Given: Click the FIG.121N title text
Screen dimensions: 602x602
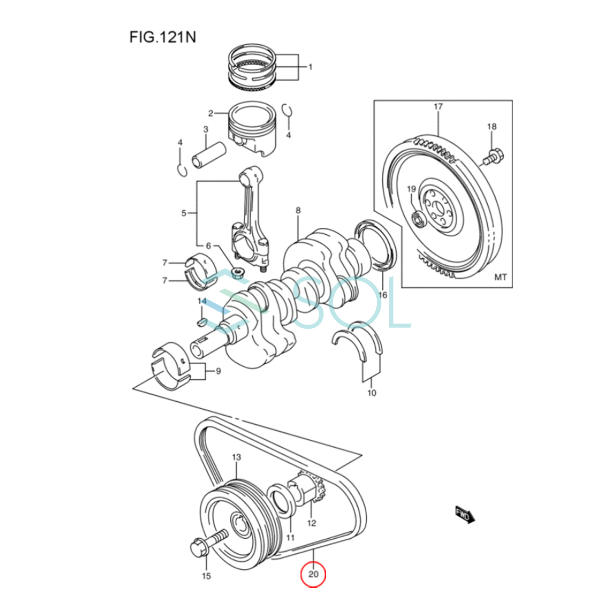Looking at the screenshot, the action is tap(163, 38).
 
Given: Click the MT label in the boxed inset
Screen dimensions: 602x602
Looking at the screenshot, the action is tap(501, 277).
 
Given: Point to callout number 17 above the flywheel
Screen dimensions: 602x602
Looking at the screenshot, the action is tap(438, 106).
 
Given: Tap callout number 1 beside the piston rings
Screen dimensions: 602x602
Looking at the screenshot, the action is tap(310, 67).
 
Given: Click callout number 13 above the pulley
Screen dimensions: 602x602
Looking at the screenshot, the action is tap(236, 457).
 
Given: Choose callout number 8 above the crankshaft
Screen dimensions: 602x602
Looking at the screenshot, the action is tap(298, 210).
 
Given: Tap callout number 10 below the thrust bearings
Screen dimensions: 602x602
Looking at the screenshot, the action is tap(372, 393).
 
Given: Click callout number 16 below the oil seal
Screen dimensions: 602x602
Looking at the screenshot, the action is tap(383, 294).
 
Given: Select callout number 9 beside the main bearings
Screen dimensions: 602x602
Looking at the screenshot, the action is tap(218, 371).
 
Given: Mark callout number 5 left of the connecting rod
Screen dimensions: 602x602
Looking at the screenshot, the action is tap(184, 213).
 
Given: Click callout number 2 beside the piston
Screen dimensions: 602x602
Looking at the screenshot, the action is tap(211, 113).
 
